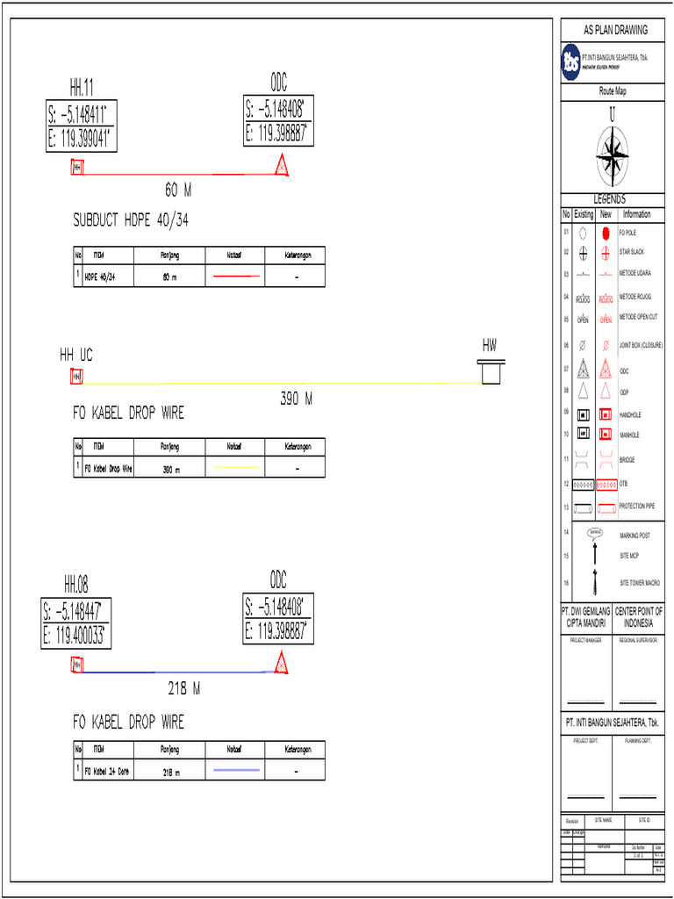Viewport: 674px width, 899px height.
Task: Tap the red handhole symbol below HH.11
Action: click(x=76, y=167)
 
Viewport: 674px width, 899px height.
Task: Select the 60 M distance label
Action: click(x=177, y=190)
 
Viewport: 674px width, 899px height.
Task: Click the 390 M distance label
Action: click(x=297, y=399)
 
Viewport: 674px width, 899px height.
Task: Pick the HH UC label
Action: click(x=75, y=356)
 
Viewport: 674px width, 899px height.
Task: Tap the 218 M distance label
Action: click(x=183, y=689)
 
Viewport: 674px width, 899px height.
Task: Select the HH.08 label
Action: click(x=75, y=586)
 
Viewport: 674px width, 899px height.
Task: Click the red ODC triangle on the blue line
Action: click(x=282, y=664)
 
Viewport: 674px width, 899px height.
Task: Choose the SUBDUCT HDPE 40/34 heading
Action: click(x=131, y=220)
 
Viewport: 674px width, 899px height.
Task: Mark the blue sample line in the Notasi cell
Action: click(x=234, y=770)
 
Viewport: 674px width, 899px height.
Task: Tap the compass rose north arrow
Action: click(x=612, y=154)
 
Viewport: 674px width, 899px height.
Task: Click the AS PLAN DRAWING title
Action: click(x=616, y=30)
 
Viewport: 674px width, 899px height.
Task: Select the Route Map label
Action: click(x=613, y=91)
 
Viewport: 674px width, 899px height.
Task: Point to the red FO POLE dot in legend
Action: click(x=606, y=234)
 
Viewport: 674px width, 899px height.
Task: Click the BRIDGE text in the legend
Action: click(x=627, y=460)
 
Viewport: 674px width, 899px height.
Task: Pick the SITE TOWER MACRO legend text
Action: click(x=640, y=583)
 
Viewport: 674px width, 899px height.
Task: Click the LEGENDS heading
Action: click(x=612, y=200)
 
